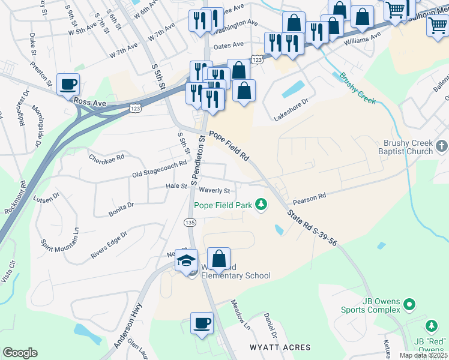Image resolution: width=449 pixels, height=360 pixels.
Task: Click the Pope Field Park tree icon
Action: pos(261,205)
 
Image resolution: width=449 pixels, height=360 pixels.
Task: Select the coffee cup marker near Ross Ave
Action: pos(68,85)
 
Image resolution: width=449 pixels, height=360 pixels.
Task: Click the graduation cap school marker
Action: pos(187,261)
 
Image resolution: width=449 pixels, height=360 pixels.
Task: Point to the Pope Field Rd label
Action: pos(229,146)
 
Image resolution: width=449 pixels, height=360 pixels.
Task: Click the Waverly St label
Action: pos(214,191)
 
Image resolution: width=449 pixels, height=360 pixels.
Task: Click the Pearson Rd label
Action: pos(310,197)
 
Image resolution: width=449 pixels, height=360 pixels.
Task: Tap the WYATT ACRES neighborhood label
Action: pos(281,347)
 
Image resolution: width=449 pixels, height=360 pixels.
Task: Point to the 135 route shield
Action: pos(190,222)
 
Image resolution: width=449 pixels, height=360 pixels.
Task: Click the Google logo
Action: pos(20,353)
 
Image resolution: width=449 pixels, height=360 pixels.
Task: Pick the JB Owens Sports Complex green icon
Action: pos(409,305)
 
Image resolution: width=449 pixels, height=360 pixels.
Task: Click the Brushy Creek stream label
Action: pos(357,88)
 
